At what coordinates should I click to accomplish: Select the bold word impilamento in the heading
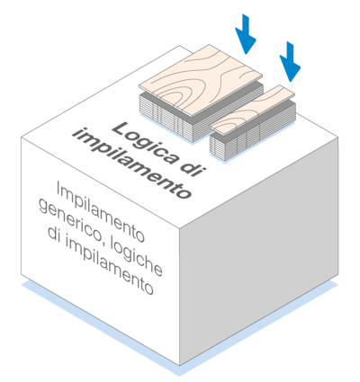(132, 164)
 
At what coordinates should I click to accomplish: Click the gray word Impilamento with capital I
(100, 212)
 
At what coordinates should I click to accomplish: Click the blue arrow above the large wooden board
(246, 34)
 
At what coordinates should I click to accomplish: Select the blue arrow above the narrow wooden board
(290, 61)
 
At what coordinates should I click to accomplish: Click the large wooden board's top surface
(201, 80)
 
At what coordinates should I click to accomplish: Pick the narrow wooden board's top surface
(252, 110)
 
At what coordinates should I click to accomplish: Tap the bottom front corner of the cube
(179, 366)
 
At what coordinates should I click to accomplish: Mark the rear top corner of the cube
(179, 46)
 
